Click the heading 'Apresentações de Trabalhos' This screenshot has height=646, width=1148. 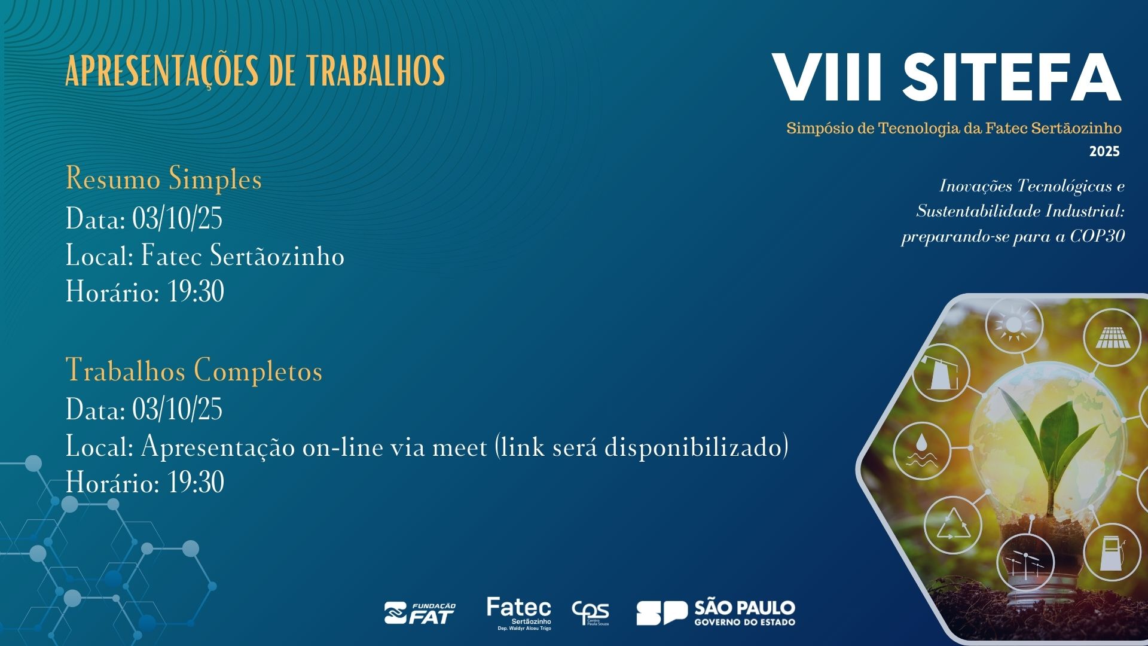pos(255,71)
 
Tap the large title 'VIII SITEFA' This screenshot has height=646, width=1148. pos(947,78)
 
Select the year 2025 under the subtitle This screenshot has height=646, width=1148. pos(1104,152)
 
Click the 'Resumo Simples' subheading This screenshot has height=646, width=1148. pos(164,179)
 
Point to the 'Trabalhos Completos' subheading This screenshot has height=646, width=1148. pos(194,370)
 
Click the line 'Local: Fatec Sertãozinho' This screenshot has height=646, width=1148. pos(205,256)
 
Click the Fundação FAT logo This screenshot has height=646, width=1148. pos(420,614)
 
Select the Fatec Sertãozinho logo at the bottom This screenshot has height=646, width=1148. pos(519,613)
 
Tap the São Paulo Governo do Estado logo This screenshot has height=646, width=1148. pos(716,613)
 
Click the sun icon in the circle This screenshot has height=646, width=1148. pos(1013,325)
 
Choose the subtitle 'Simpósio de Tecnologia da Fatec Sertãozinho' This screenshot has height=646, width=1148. pos(954,128)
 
